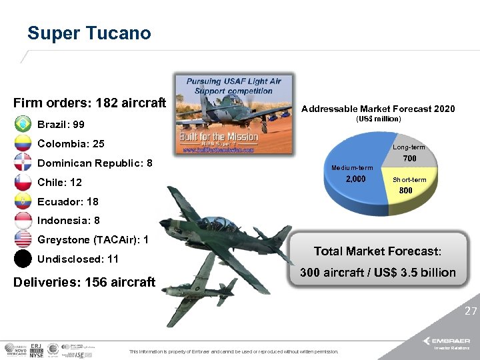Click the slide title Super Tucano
pyautogui.click(x=89, y=33)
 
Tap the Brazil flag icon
pyautogui.click(x=23, y=125)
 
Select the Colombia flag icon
pyautogui.click(x=23, y=144)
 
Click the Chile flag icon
pyautogui.click(x=23, y=182)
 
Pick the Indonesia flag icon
pyautogui.click(x=23, y=221)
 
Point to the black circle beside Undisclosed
pyautogui.click(x=23, y=259)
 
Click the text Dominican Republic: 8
pyautogui.click(x=95, y=163)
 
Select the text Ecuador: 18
pyautogui.click(x=68, y=201)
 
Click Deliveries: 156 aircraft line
pyautogui.click(x=84, y=282)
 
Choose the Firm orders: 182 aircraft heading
pyautogui.click(x=89, y=103)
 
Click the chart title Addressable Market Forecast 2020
pyautogui.click(x=378, y=109)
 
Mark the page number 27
pyautogui.click(x=471, y=311)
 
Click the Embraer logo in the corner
pyautogui.click(x=451, y=341)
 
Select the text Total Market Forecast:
pyautogui.click(x=377, y=251)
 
